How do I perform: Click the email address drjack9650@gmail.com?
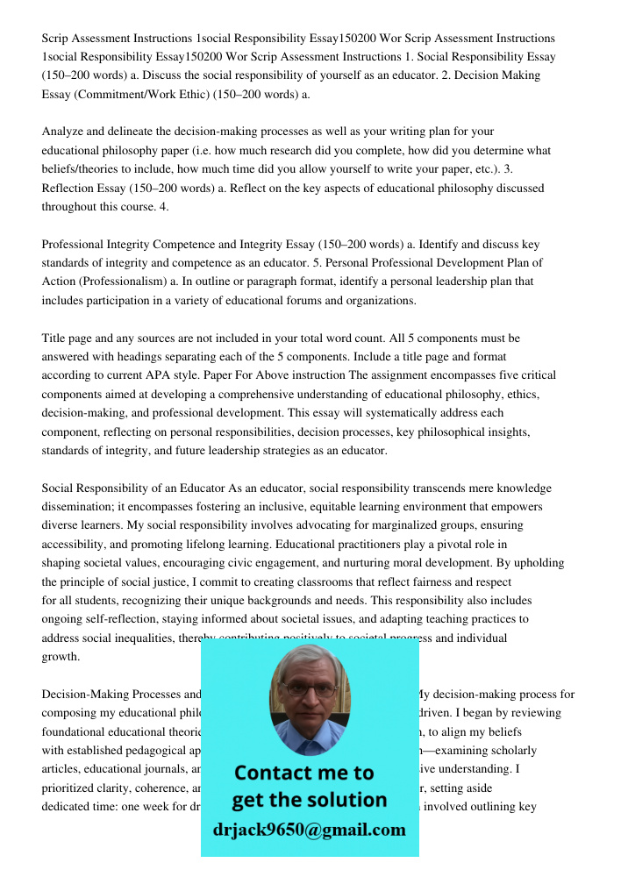click(x=309, y=829)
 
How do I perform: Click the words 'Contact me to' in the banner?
click(x=303, y=773)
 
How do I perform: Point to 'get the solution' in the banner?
click(x=309, y=800)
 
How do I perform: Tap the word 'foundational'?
click(x=74, y=732)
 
